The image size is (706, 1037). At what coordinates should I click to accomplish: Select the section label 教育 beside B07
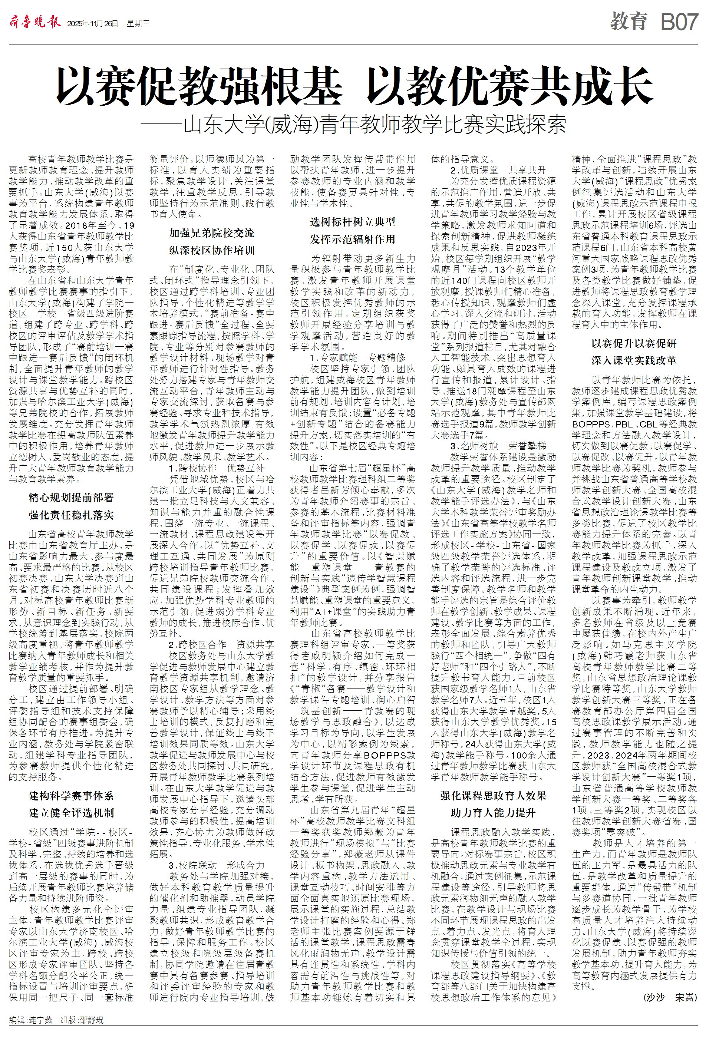click(629, 22)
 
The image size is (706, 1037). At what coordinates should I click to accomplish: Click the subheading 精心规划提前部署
click(72, 498)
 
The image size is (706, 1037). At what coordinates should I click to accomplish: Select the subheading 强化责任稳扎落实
click(72, 515)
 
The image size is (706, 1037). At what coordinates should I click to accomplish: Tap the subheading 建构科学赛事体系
click(72, 796)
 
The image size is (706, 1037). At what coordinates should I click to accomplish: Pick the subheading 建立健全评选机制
click(72, 813)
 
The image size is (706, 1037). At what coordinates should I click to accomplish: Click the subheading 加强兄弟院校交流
click(211, 233)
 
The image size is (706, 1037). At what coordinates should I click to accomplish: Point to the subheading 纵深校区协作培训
click(211, 250)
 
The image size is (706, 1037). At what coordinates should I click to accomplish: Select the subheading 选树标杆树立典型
click(353, 222)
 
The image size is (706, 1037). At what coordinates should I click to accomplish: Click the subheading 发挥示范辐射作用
click(353, 239)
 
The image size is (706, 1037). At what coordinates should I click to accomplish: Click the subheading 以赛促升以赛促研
click(634, 344)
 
